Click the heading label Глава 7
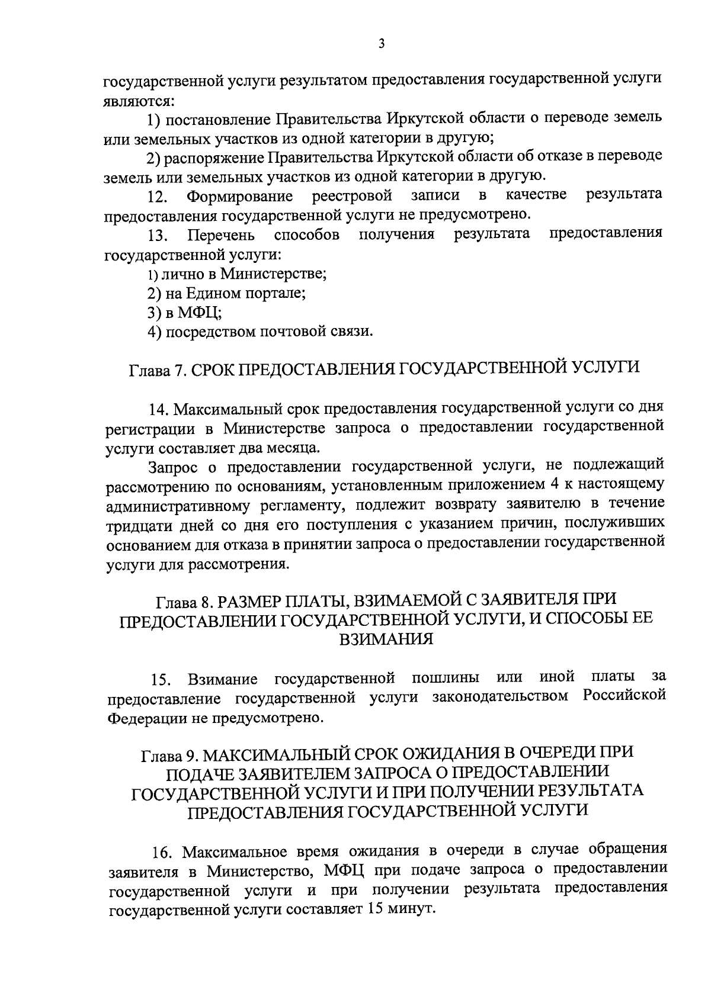[x=156, y=370]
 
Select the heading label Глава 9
[x=168, y=754]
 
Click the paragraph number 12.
[x=159, y=196]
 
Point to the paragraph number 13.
[x=159, y=237]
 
